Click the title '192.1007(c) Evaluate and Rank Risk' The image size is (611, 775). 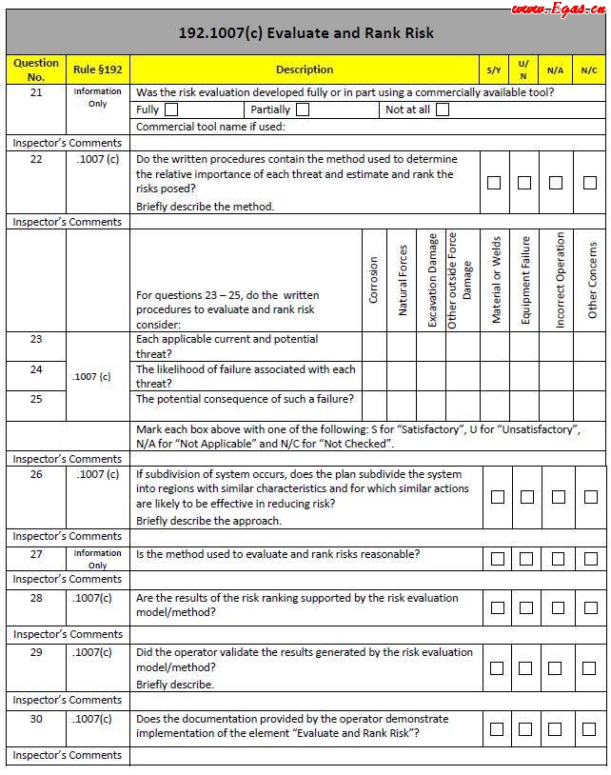point(305,33)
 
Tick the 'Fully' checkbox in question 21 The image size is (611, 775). point(171,109)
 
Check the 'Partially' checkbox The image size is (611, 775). point(303,109)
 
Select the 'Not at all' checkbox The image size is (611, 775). point(443,109)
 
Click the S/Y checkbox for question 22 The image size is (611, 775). point(494,183)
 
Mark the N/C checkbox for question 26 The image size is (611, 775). point(589,497)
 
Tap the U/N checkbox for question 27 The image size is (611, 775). point(524,559)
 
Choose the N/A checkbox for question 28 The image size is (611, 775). point(559,607)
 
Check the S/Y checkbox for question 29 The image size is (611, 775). point(497,668)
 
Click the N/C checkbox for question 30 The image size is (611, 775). point(589,729)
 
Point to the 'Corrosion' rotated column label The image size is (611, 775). point(373,279)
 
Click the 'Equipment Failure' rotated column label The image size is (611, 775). point(525,281)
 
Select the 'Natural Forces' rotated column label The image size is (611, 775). point(403,281)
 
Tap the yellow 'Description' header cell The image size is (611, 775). point(305,70)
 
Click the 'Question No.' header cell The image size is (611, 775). point(36,70)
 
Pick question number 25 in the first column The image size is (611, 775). point(36,399)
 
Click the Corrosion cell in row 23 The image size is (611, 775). point(374,346)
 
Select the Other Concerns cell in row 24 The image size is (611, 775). point(591,376)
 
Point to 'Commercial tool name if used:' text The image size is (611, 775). point(210,127)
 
